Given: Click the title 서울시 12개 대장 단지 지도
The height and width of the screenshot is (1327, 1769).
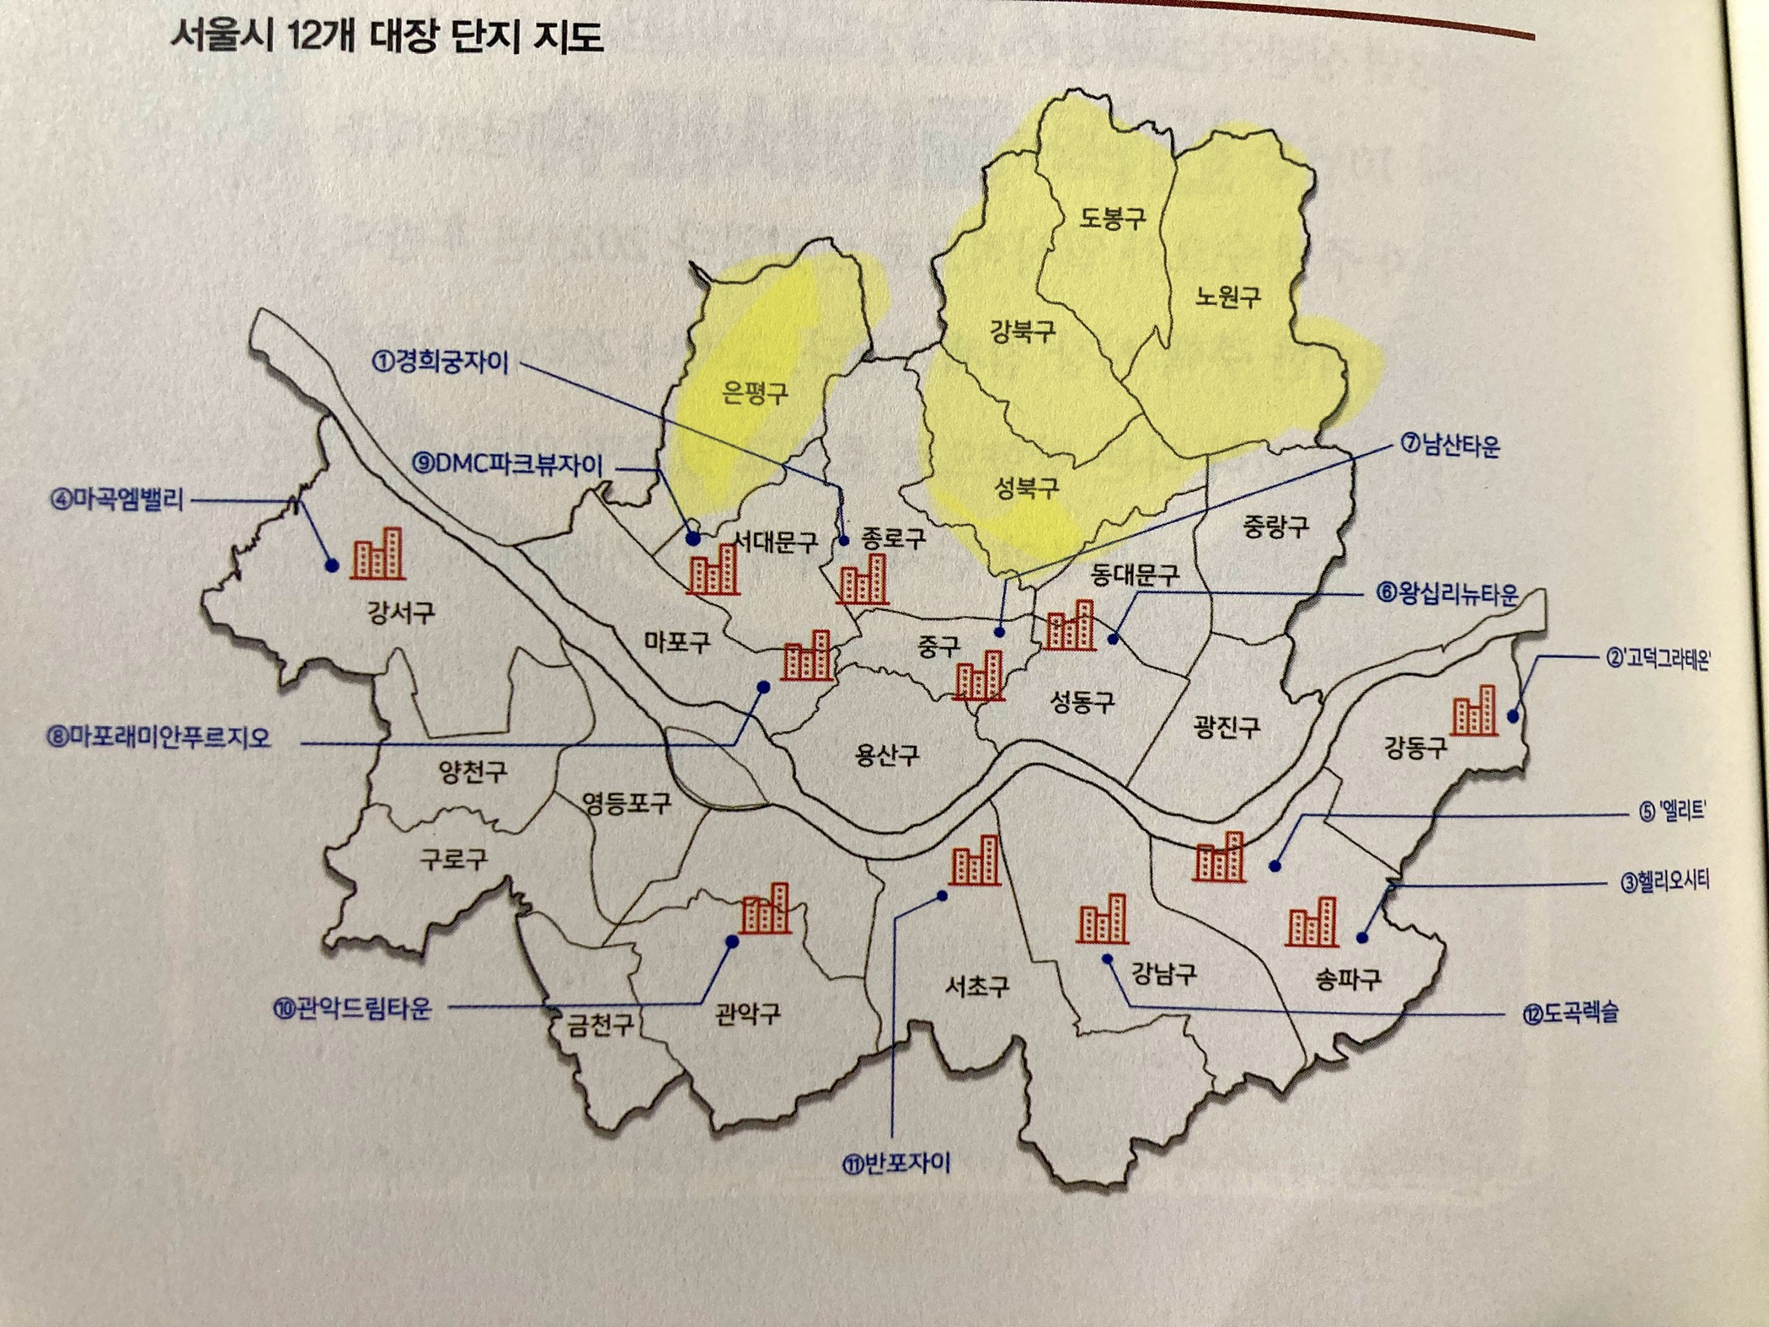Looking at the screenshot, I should [x=387, y=38].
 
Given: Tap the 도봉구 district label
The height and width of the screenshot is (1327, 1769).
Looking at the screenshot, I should [x=1112, y=218].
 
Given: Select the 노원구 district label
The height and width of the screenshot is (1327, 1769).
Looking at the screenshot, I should [x=1227, y=296].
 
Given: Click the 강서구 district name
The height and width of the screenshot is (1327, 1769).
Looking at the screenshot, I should [x=400, y=611].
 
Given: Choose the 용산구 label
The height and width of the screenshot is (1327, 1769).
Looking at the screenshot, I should [x=886, y=754].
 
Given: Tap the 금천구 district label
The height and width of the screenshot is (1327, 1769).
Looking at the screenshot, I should [x=599, y=1026].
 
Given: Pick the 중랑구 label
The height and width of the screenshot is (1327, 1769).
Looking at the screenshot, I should [x=1275, y=527].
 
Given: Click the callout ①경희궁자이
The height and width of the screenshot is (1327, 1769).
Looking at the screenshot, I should [x=440, y=362].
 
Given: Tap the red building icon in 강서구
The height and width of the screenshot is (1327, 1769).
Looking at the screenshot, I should [x=377, y=554].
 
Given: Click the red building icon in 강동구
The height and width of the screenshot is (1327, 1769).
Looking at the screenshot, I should [x=1474, y=711].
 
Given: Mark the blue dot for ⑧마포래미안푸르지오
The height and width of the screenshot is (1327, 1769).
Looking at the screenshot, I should [x=763, y=688].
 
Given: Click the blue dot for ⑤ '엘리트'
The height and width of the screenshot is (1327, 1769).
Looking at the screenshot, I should [x=1275, y=865].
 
